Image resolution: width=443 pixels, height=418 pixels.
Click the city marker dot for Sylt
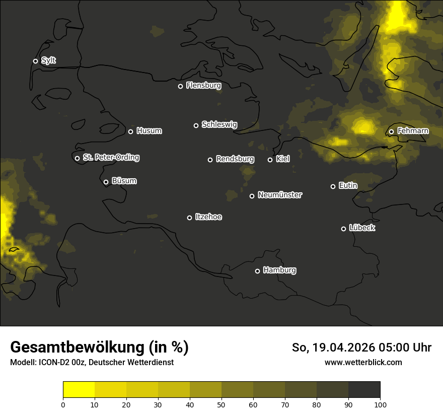tap(35, 61)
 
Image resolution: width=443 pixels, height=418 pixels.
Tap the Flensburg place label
tap(203, 86)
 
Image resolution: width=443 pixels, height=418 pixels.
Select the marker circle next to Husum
tap(130, 131)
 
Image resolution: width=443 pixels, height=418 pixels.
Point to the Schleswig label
tap(219, 124)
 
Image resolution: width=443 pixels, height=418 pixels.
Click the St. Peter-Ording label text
tap(111, 158)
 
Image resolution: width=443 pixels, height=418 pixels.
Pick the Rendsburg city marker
tap(210, 160)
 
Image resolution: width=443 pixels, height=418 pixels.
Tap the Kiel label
tap(282, 159)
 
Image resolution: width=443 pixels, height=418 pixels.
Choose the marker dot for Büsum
tap(106, 182)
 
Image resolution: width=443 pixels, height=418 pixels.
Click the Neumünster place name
tap(279, 195)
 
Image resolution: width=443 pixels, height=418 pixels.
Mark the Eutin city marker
tap(333, 186)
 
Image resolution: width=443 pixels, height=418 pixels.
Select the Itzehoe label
tap(208, 217)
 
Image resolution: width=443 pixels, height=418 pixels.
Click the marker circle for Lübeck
tap(343, 229)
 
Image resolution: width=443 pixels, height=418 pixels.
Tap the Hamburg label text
tap(279, 270)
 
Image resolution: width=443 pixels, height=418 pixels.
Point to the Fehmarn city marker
tap(391, 132)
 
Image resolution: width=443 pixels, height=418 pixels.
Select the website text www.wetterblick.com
tap(363, 362)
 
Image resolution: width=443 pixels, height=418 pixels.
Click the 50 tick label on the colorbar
tap(221, 404)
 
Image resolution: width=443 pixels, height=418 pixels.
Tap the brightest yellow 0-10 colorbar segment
tap(79, 390)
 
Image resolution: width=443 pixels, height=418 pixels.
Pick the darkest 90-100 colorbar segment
tap(364, 390)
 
